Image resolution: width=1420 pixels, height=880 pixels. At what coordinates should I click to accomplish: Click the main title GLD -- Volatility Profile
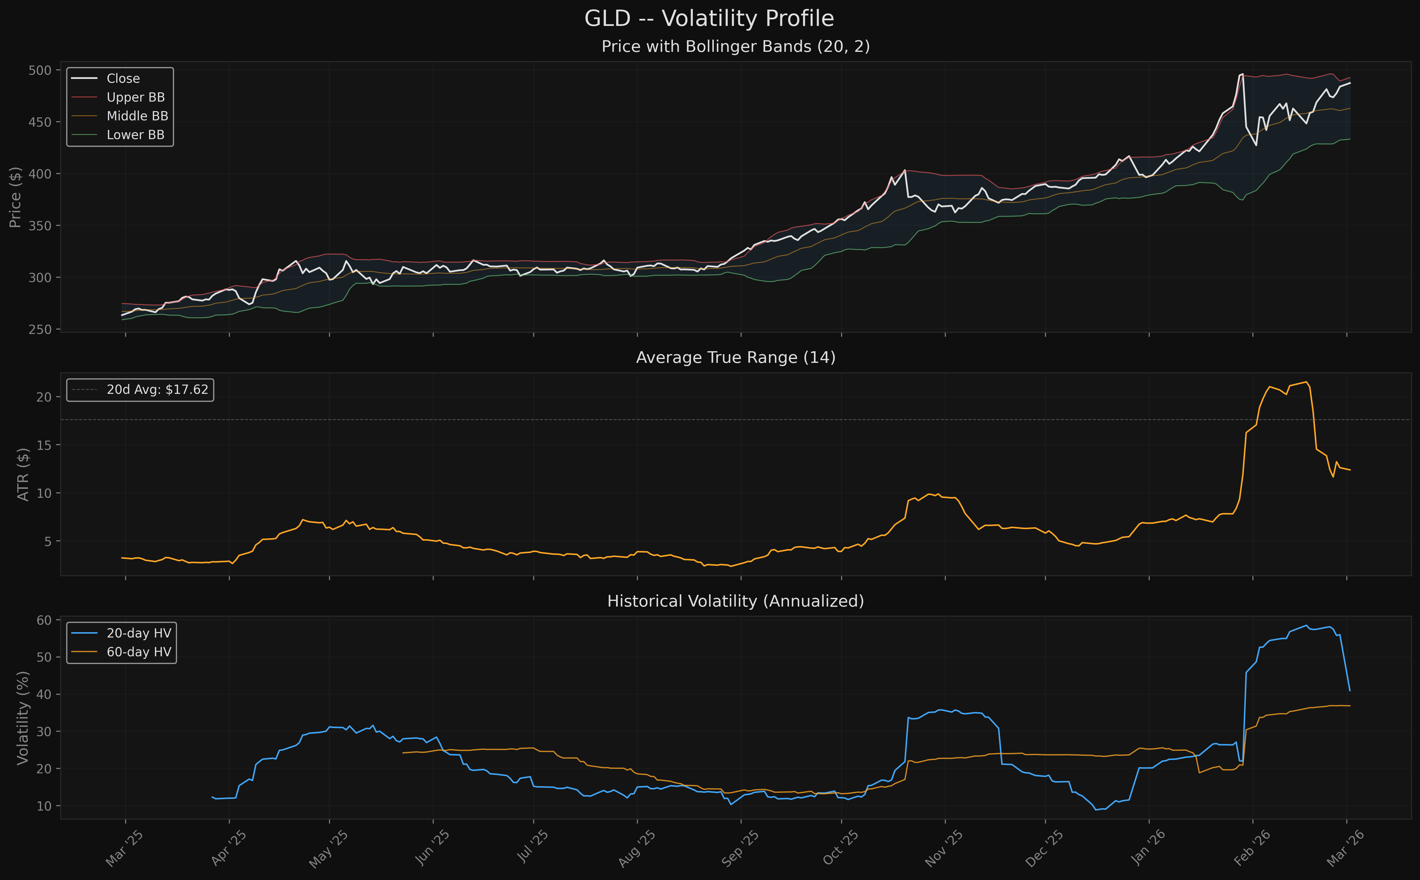coord(709,19)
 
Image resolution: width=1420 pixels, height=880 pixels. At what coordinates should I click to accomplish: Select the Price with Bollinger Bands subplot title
coord(735,46)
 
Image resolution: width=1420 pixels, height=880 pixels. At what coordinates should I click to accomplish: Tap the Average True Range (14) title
coord(735,357)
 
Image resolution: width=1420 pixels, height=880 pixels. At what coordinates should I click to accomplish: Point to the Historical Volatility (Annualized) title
coord(735,601)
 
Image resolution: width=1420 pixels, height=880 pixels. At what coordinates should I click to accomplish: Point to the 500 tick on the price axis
coord(40,70)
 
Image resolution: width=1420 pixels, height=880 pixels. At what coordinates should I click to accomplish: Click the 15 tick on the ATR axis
coord(44,445)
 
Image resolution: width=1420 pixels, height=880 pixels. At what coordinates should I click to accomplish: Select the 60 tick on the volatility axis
coord(44,621)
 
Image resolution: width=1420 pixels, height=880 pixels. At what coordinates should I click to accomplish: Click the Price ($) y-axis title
coord(15,197)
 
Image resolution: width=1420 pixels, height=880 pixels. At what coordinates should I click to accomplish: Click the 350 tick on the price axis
coord(40,226)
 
